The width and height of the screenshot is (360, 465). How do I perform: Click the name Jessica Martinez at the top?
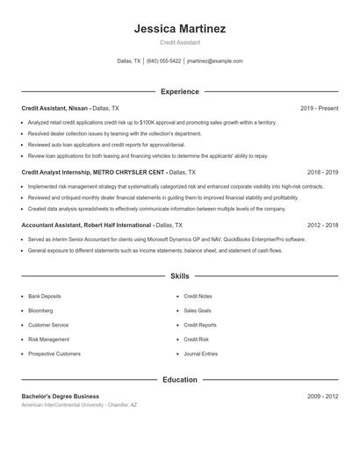(x=179, y=28)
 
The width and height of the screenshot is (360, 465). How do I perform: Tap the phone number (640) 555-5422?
(x=163, y=61)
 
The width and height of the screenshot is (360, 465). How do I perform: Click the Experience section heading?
(x=179, y=91)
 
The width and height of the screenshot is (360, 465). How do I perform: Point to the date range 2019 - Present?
(x=319, y=108)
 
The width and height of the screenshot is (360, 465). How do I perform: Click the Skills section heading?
(x=179, y=275)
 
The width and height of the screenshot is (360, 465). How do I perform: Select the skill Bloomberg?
(x=41, y=311)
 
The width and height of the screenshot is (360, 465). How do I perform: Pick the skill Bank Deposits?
(x=45, y=297)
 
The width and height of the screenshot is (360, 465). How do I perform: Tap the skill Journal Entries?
(x=200, y=354)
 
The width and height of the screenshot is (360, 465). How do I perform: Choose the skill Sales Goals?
(x=197, y=311)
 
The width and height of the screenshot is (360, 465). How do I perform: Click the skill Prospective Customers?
(x=54, y=354)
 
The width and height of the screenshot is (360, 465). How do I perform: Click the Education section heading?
(x=179, y=380)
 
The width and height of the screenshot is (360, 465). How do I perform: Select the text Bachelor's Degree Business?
(x=61, y=397)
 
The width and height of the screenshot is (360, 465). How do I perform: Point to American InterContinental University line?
(x=79, y=405)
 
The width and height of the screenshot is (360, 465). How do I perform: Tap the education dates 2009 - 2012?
(x=322, y=397)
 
